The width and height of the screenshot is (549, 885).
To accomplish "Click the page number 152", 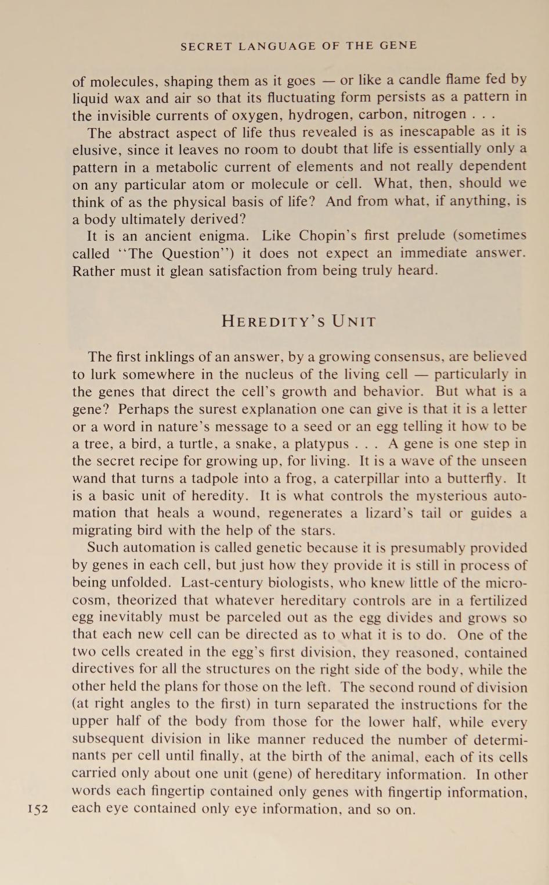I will pos(38,809).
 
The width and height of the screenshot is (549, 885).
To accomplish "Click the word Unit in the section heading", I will pos(354,321).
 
